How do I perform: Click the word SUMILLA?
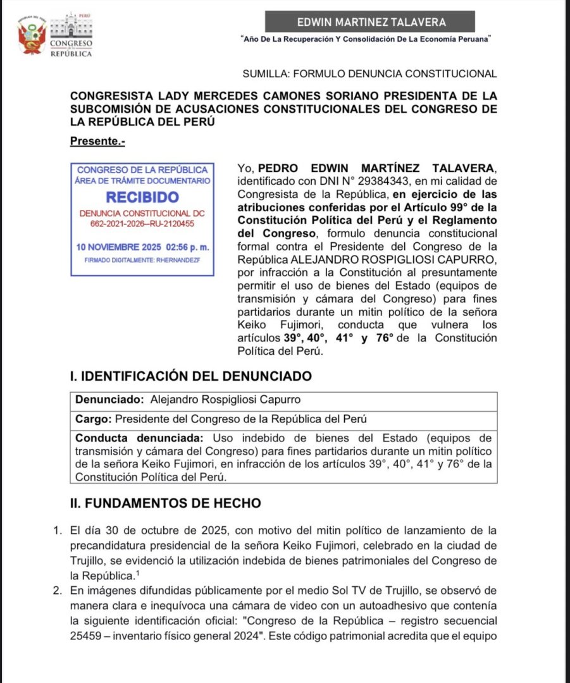tap(264, 74)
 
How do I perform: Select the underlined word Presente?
tap(97, 142)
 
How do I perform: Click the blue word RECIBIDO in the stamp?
tap(142, 197)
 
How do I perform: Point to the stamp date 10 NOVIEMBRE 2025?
tap(120, 246)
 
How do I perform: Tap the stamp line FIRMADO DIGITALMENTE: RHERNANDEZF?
tap(142, 260)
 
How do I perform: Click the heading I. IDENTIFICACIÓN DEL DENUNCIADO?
tap(190, 376)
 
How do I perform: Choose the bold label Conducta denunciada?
tap(140, 438)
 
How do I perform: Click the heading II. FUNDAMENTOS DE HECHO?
tap(165, 503)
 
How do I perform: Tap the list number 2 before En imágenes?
tap(58, 591)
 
